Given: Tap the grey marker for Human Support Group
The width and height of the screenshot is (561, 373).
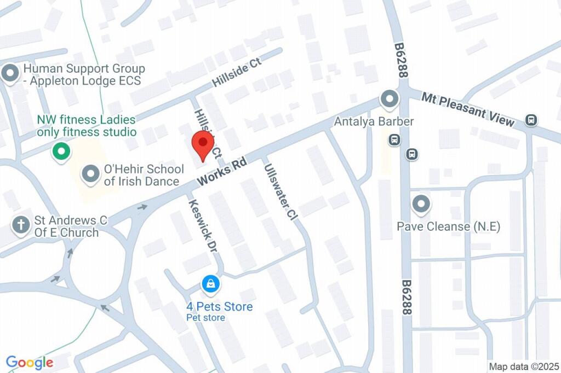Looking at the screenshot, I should click(10, 74).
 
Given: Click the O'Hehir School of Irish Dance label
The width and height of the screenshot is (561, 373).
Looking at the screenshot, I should click(141, 175).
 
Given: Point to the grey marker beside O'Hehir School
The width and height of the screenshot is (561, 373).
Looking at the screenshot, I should click(89, 174).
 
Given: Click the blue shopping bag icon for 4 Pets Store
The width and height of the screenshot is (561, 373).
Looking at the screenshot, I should click(210, 284).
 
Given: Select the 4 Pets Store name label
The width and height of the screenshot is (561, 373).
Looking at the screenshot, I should click(219, 306).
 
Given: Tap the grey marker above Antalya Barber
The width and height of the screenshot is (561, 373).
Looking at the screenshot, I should click(389, 100).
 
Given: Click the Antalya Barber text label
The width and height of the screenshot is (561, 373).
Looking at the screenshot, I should click(374, 121).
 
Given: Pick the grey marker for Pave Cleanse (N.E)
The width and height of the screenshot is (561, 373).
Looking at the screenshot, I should click(421, 205).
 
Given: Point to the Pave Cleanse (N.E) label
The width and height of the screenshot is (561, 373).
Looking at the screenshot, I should click(449, 226).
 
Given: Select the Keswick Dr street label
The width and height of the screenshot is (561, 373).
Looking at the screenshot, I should click(203, 225).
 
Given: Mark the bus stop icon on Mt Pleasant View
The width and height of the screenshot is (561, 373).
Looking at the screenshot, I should click(530, 119).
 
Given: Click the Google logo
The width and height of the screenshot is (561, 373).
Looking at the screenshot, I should click(30, 362).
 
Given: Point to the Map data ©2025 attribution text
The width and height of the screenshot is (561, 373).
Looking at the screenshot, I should click(523, 366).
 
